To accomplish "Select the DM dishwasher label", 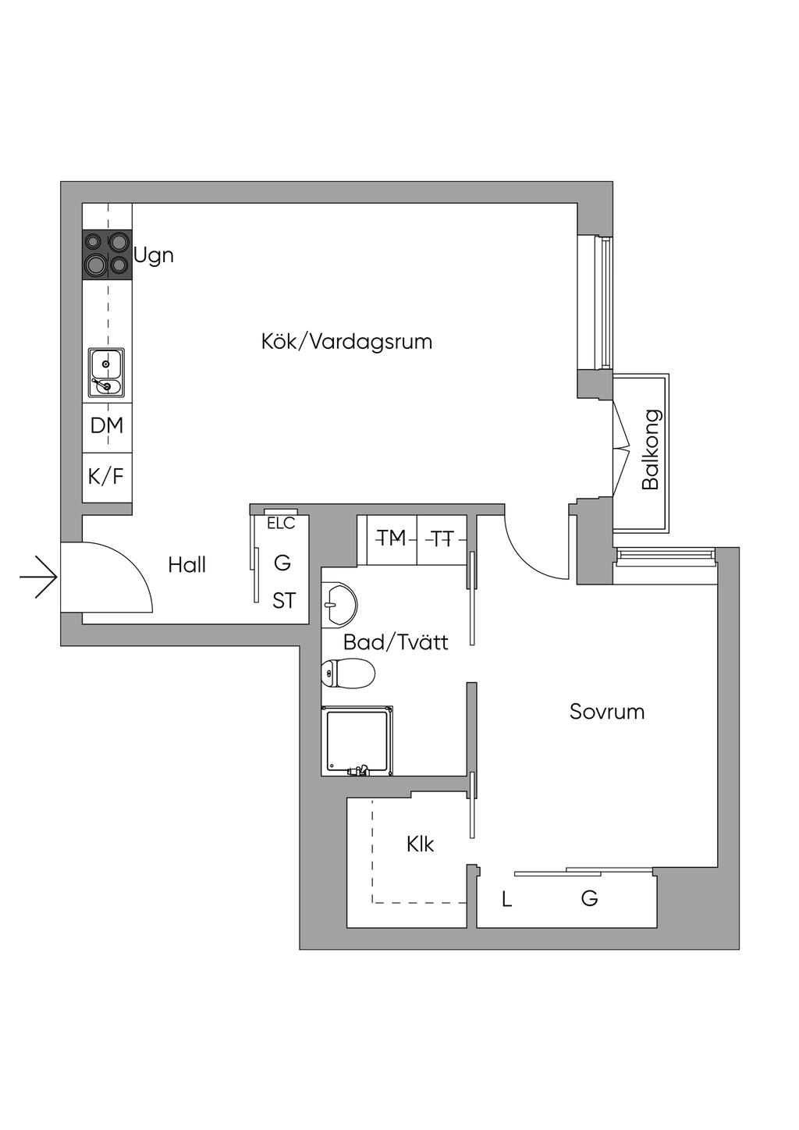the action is pos(107,426).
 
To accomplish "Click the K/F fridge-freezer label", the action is pos(106,476).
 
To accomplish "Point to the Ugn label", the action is pos(154,256).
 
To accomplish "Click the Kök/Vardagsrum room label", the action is pos(346,342).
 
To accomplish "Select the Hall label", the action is pos(187,565).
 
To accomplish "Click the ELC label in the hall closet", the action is pos(281,524).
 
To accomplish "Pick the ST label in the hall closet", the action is pos(284,601).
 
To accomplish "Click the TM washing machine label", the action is pos(392,538).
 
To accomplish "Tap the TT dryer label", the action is pos(442,538).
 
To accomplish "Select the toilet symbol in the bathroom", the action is pos(349,673).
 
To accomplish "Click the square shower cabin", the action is pos(357,741).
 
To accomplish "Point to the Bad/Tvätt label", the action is pos(396,642).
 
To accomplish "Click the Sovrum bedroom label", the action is pos(607,712).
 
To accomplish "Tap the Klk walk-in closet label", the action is pos(420,844).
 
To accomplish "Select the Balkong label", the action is pos(651,450).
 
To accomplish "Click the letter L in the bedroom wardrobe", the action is pos(507,901).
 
